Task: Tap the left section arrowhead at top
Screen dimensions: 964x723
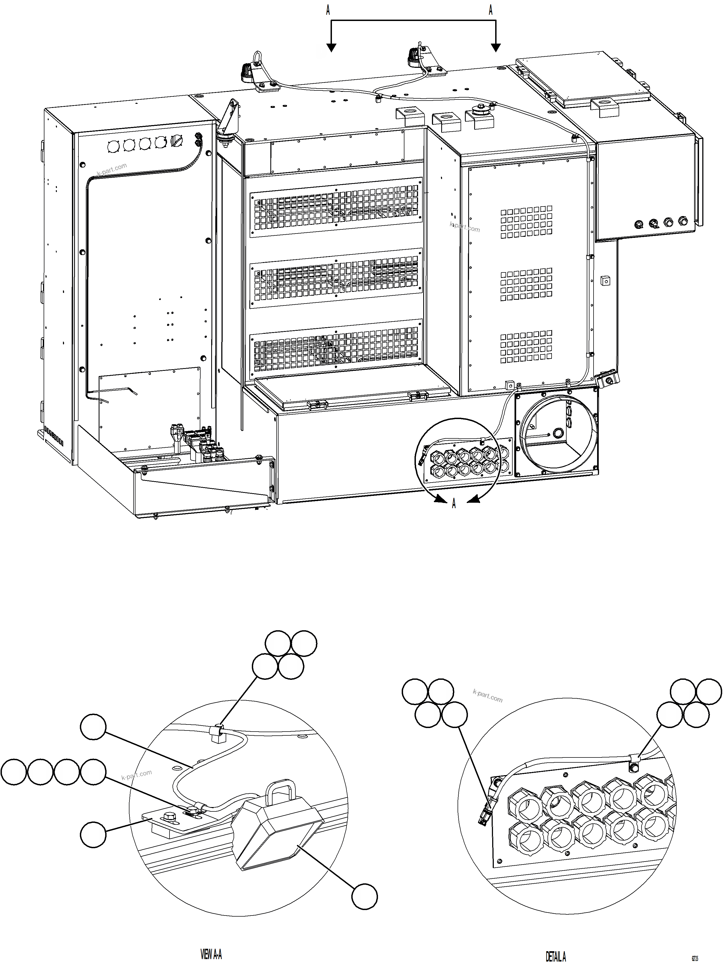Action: tap(331, 47)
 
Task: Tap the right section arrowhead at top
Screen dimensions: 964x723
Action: tap(495, 47)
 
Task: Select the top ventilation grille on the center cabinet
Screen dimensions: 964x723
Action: tap(335, 207)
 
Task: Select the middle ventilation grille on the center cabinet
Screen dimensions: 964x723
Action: tap(335, 278)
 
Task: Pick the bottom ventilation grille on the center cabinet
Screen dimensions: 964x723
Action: tap(335, 349)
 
